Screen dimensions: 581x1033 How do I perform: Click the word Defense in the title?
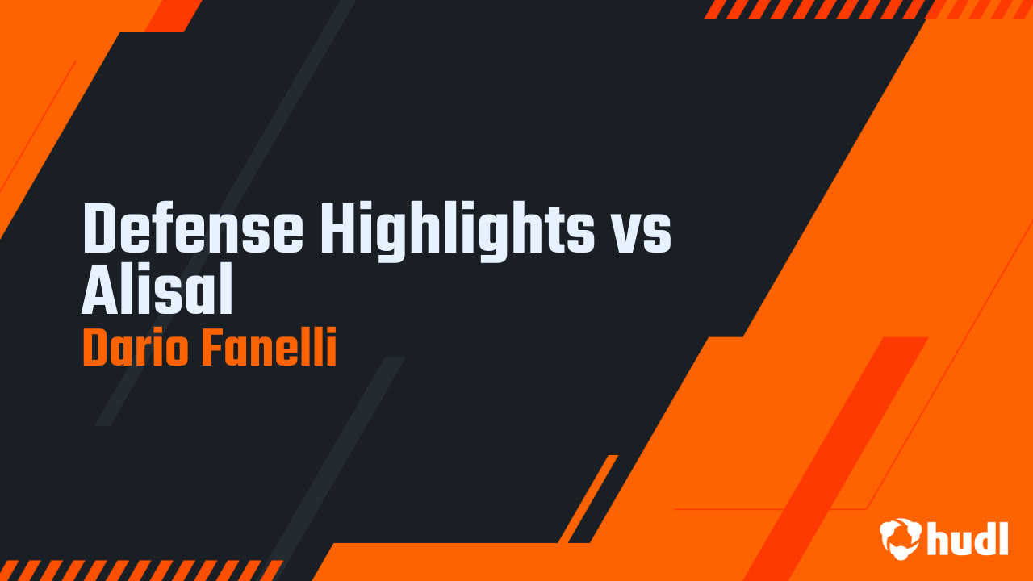click(x=192, y=229)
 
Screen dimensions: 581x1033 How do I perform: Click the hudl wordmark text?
click(x=968, y=538)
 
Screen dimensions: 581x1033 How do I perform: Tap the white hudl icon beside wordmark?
click(x=901, y=538)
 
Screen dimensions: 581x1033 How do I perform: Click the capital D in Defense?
click(x=99, y=229)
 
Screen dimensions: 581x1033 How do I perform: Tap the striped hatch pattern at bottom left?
click(x=137, y=570)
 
